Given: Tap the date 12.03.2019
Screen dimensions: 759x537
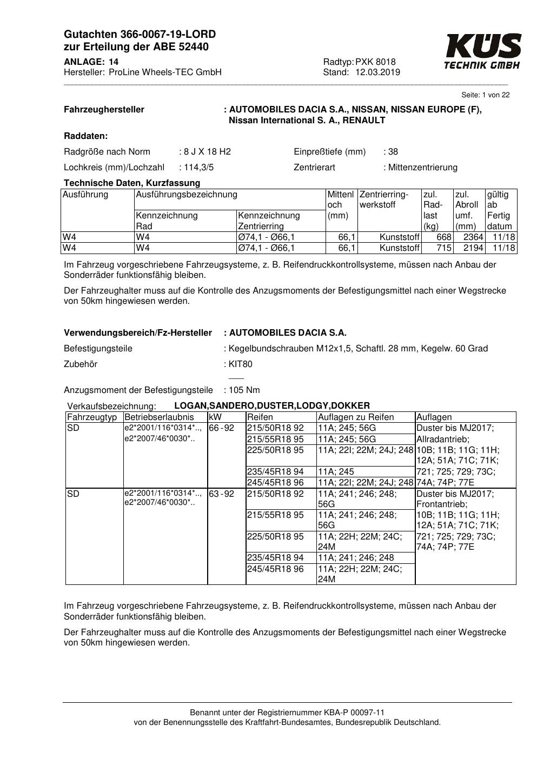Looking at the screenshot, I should click(x=377, y=72).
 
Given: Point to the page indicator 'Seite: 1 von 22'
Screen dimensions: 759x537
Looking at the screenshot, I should click(x=485, y=95).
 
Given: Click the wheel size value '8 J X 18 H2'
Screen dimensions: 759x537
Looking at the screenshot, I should click(x=207, y=152).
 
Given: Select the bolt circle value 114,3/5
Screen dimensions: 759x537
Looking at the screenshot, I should click(x=199, y=168).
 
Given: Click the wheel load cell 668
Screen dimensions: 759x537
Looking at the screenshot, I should click(x=444, y=237).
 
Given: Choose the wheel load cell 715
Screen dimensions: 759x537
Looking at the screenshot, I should click(x=444, y=248).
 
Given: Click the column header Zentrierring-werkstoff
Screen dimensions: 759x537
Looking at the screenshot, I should click(x=383, y=199).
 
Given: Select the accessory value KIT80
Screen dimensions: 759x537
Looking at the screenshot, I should click(x=241, y=364).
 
